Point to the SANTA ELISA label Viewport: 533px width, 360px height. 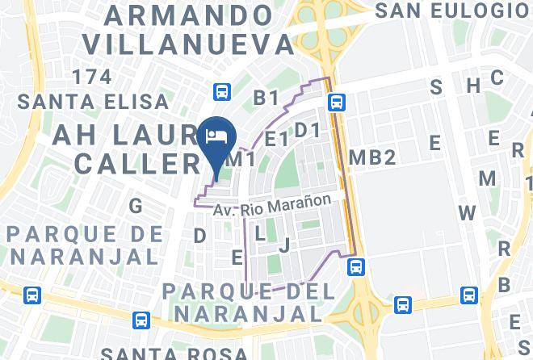coord(94,103)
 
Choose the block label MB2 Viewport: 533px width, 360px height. coord(371,157)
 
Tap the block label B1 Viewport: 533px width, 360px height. coord(266,98)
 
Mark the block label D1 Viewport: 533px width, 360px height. coord(307,130)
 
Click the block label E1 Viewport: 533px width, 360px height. coord(276,140)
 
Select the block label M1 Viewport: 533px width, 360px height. coord(244,160)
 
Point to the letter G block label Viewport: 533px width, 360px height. coord(136,206)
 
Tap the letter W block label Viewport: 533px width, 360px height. coord(468,214)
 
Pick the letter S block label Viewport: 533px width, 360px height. coord(436,87)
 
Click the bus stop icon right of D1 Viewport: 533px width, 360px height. coord(337,102)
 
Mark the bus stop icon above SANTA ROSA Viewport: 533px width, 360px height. coord(141,320)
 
